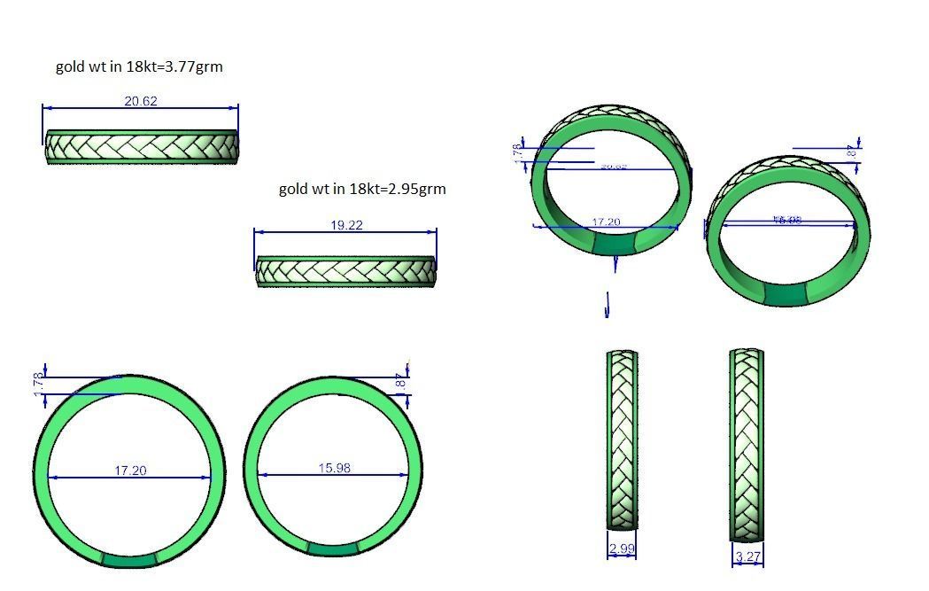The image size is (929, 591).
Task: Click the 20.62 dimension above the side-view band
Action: [141, 101]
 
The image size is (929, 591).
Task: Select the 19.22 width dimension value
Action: [346, 225]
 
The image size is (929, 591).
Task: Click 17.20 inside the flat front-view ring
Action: [130, 470]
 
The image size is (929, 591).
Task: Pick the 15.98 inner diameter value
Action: [334, 468]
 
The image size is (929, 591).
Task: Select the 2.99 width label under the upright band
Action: [622, 549]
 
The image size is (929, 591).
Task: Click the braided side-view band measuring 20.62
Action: [142, 147]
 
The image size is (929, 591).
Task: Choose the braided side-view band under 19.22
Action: [345, 271]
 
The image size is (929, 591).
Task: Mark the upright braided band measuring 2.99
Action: [622, 439]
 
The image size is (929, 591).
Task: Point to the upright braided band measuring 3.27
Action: [747, 443]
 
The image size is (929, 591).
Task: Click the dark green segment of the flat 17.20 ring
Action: [129, 559]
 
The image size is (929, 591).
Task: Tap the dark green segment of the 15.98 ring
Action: [333, 548]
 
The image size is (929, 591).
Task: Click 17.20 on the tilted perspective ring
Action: [606, 222]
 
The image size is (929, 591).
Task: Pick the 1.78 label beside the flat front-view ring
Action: [38, 384]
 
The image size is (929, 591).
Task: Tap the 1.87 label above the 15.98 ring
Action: [400, 381]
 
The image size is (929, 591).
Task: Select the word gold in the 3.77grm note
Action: [70, 66]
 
